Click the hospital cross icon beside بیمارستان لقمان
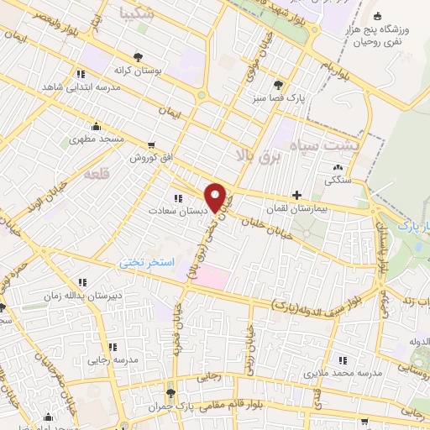pos(296,194)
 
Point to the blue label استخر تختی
pos(145,263)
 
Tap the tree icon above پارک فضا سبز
pos(278,84)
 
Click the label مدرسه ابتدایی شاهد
pos(70,87)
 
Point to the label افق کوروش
pos(151,157)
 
